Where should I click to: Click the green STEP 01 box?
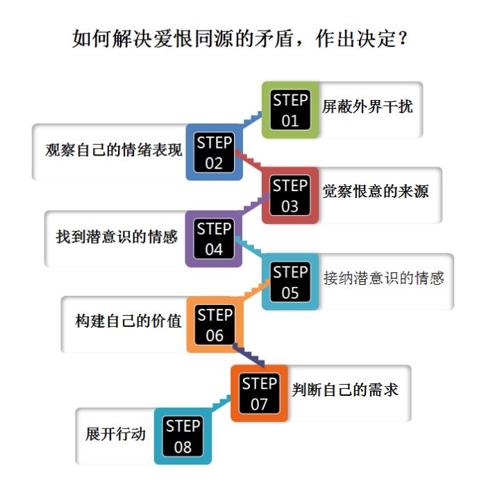290,110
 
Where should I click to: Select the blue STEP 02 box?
214,153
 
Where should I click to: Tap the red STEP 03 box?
290,196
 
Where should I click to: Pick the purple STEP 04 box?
214,239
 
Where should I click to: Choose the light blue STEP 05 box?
290,282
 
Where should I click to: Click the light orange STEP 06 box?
214,325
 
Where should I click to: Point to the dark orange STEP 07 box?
259,394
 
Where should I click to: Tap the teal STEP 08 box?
183,436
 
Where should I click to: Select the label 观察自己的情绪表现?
114,150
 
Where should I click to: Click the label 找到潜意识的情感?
117,236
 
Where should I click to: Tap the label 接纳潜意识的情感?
383,278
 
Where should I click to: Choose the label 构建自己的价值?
128,321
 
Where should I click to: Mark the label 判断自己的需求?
345,390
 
